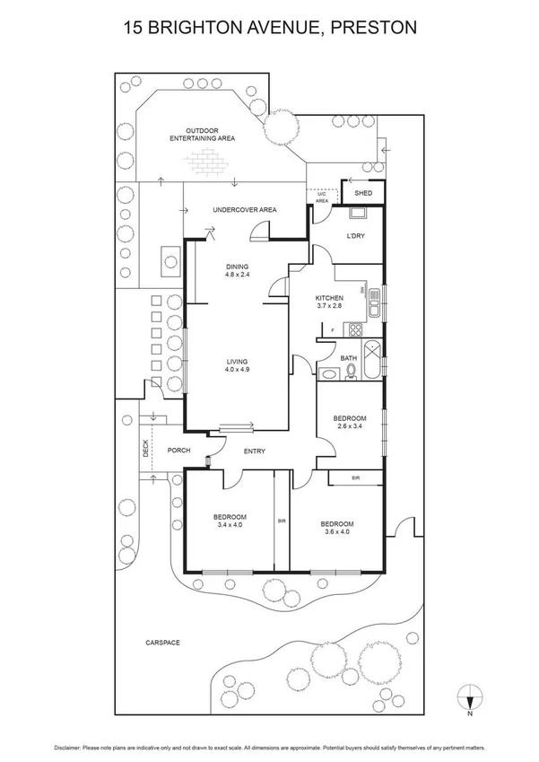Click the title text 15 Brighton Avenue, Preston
coord(269,29)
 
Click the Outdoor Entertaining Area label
coord(204,135)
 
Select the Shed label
coord(363,193)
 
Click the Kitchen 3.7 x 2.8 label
coord(329,302)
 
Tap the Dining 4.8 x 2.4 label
coord(237,270)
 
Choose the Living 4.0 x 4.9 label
coord(237,365)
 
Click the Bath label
coord(349,358)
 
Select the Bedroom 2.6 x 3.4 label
coord(349,423)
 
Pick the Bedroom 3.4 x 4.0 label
coord(230,521)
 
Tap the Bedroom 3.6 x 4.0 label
coord(336,529)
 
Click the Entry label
coord(255,451)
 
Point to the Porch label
coord(178,451)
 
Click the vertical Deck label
coord(145,449)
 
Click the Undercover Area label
coord(244,210)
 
